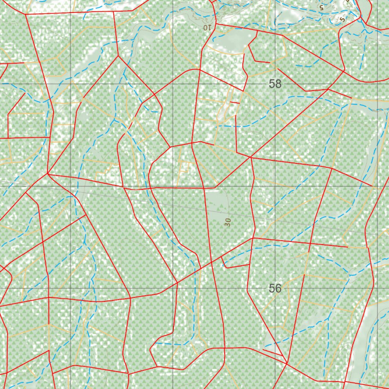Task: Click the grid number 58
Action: point(275,84)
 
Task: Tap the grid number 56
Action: point(275,288)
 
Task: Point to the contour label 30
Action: point(228,222)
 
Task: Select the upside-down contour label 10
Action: point(207,27)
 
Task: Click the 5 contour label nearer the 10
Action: point(321,7)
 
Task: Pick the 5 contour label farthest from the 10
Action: point(343,19)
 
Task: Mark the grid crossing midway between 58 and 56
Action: point(275,186)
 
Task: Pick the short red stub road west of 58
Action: point(235,103)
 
